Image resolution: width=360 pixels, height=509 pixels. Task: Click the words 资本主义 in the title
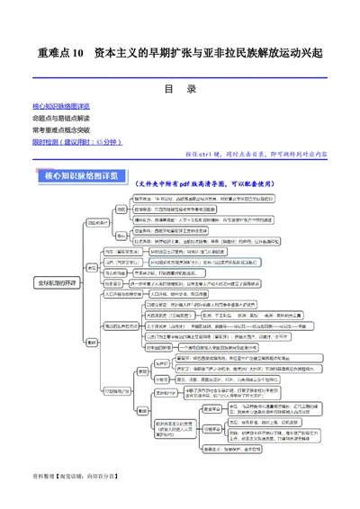click(117, 53)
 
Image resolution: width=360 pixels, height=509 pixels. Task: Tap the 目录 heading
click(180, 89)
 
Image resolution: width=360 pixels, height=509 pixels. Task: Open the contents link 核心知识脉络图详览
click(63, 107)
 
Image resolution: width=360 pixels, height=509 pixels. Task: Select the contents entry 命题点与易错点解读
click(63, 118)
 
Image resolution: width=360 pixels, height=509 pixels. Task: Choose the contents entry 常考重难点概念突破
click(63, 129)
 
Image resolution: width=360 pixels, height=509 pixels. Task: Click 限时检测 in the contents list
click(47, 141)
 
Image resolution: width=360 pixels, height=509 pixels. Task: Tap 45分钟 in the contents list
click(108, 141)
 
